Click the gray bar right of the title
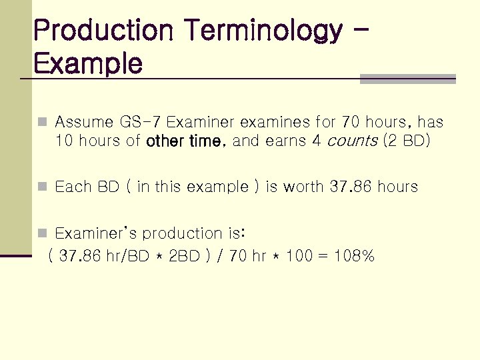click(407, 79)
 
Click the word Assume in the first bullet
click(84, 122)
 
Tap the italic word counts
click(355, 141)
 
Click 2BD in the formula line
click(185, 255)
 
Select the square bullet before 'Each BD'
click(43, 187)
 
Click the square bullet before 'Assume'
click(43, 123)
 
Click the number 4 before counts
click(317, 141)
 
